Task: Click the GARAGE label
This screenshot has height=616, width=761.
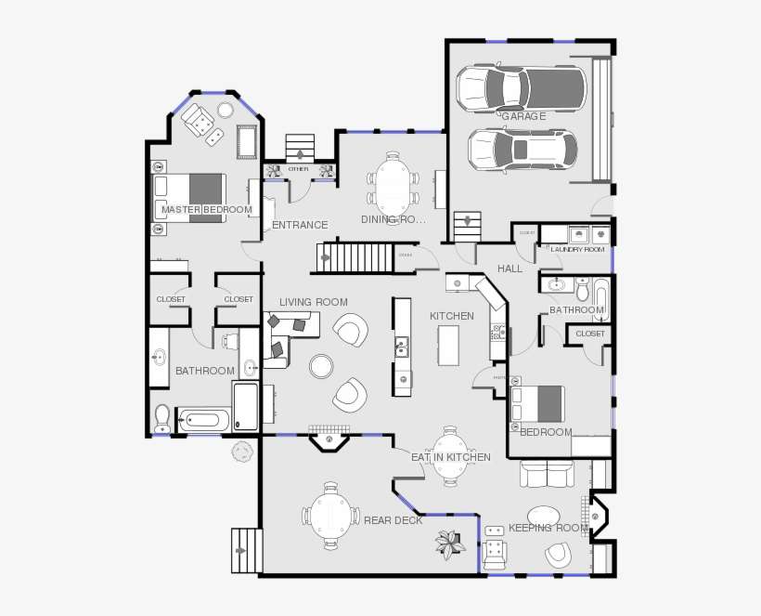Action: (x=523, y=116)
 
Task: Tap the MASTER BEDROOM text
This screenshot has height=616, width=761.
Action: (x=206, y=210)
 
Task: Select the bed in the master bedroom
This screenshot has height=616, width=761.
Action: (x=189, y=196)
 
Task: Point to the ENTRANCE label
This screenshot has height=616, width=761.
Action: (x=300, y=225)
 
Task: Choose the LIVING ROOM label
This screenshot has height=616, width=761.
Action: (x=314, y=302)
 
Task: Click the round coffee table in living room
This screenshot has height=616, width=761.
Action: (x=321, y=365)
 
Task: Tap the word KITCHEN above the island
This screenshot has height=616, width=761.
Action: (x=452, y=316)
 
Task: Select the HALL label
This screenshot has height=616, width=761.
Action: (x=509, y=269)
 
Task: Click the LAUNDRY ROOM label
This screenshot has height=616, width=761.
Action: (x=577, y=250)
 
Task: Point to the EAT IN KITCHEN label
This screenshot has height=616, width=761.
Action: (x=451, y=457)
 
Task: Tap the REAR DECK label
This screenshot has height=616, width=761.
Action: (x=393, y=520)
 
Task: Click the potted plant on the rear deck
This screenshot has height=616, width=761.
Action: (x=451, y=544)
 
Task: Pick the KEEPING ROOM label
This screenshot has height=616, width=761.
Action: (x=548, y=528)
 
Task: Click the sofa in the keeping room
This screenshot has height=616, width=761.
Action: (x=547, y=474)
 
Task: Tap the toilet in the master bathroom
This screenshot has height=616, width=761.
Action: (x=162, y=420)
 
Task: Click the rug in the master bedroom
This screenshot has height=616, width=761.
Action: (x=247, y=142)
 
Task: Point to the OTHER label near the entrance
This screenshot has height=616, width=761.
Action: (x=298, y=169)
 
